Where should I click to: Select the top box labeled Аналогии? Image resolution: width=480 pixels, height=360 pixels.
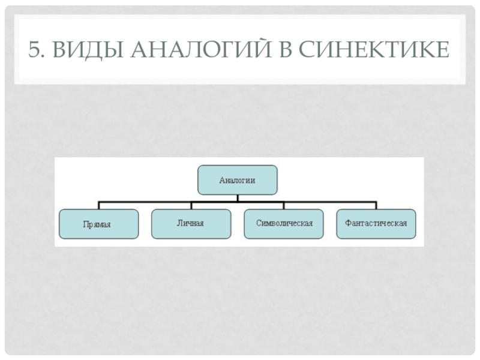[x=238, y=179]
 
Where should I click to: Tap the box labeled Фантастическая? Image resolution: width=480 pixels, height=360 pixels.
[x=376, y=223]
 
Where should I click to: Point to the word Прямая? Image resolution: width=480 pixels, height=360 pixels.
[x=97, y=224]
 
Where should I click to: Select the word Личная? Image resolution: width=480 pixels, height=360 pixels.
[x=190, y=223]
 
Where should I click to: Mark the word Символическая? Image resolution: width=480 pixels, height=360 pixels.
[x=284, y=223]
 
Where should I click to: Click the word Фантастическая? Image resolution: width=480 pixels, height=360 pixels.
[x=376, y=223]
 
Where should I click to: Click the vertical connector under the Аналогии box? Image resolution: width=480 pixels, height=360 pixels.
[x=238, y=197]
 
